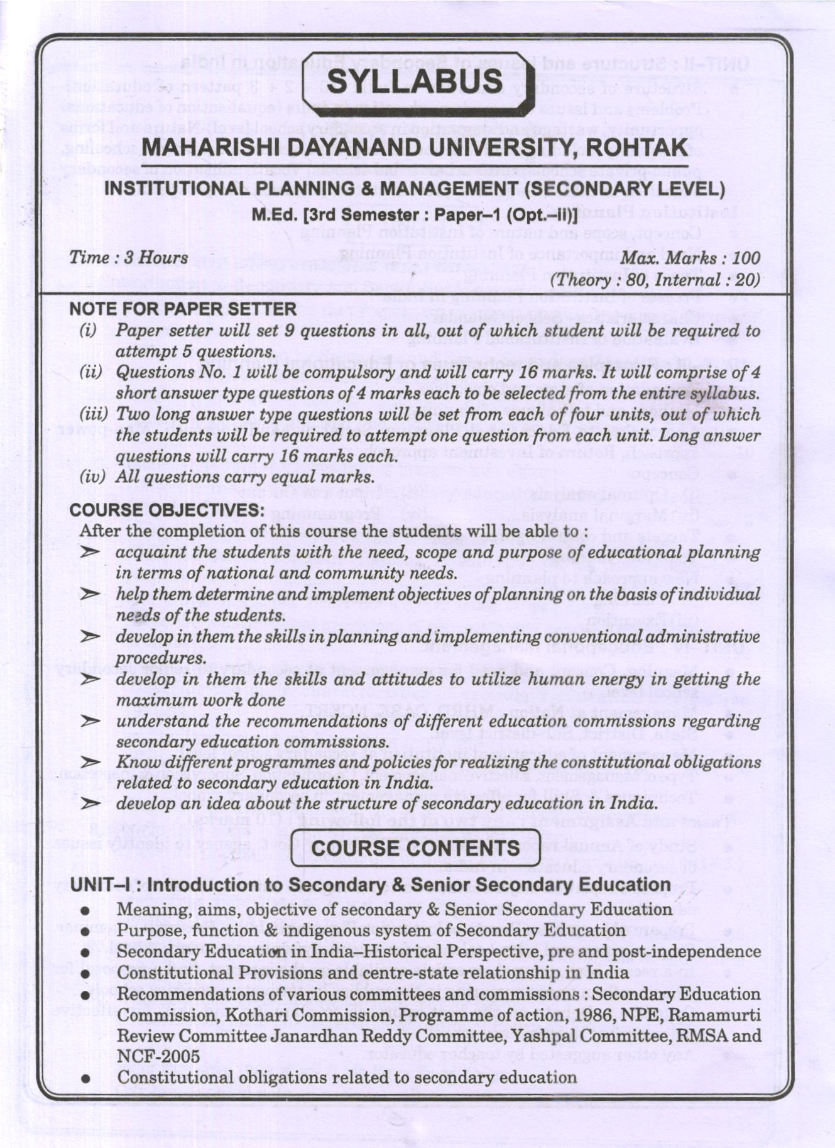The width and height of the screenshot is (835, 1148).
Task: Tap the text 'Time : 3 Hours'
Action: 128,258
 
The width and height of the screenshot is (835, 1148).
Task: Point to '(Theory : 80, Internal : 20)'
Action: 654,280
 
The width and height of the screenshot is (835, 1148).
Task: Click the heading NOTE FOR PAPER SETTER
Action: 183,309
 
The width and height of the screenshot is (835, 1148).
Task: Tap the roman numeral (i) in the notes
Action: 88,331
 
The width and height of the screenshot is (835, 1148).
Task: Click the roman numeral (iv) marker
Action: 92,477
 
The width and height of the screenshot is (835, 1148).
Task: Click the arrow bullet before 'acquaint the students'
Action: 91,553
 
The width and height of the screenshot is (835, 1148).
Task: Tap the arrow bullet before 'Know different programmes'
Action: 91,763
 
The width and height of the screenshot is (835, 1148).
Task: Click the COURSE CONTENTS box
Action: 415,847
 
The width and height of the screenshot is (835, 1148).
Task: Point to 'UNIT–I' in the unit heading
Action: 101,885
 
